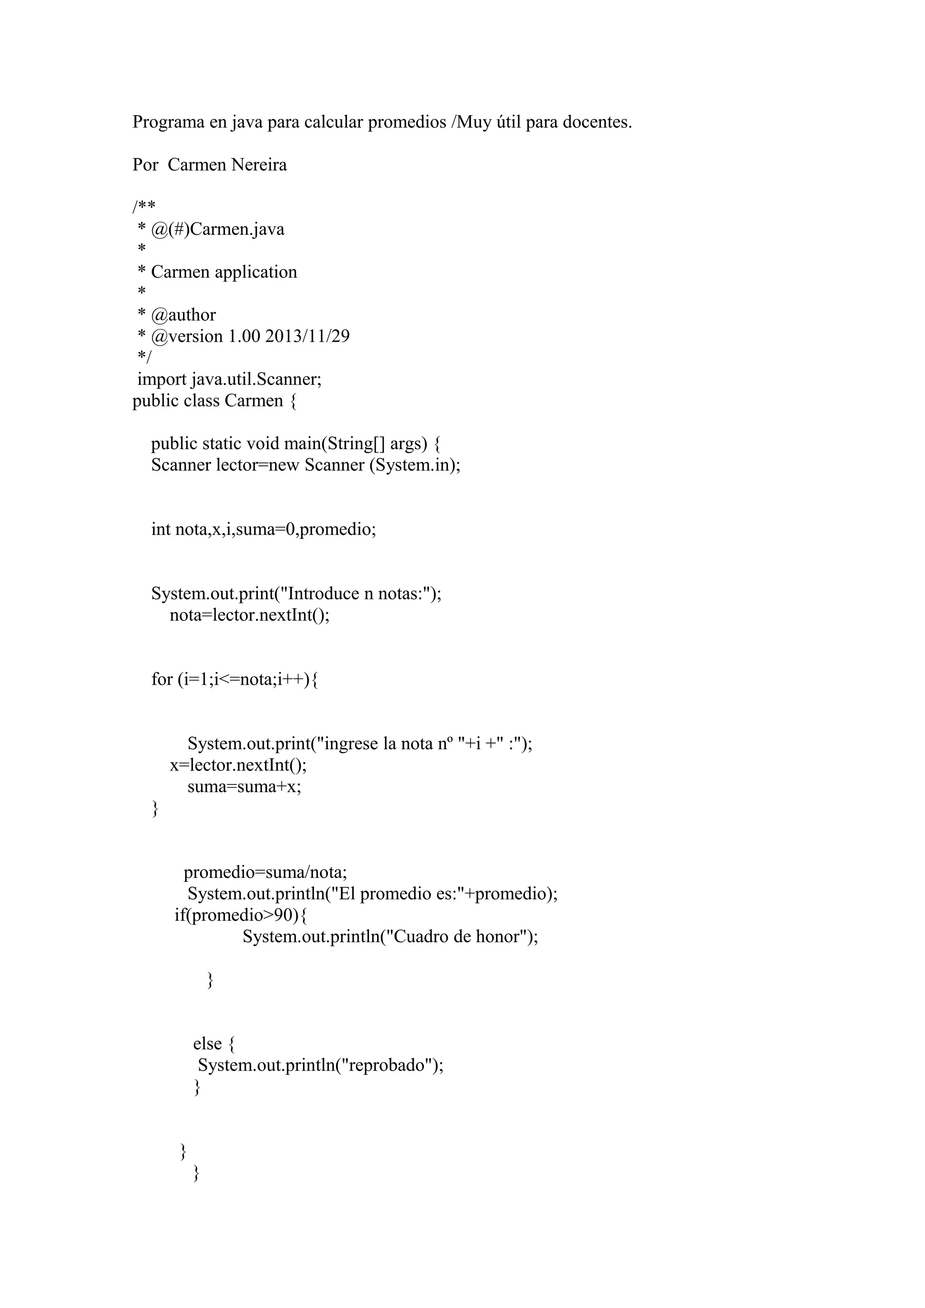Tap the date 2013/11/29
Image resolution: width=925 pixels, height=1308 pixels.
(x=307, y=336)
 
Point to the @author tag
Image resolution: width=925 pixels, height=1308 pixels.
(x=183, y=315)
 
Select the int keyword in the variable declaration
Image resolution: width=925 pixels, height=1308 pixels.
(x=161, y=529)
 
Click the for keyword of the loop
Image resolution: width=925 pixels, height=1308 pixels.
(x=162, y=679)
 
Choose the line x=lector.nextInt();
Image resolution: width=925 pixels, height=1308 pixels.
(x=238, y=765)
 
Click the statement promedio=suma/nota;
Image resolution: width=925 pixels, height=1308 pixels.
(x=265, y=872)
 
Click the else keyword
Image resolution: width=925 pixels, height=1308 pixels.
(x=207, y=1044)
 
